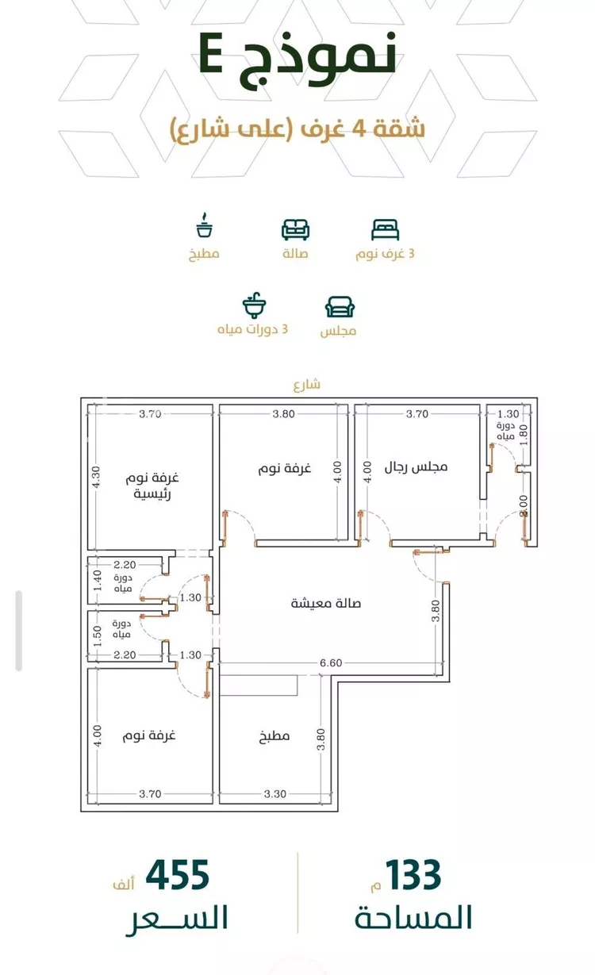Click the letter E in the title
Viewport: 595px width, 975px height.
[x=212, y=53]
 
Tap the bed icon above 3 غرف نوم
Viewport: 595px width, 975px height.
[x=386, y=230]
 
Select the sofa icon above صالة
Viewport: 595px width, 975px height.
[x=296, y=230]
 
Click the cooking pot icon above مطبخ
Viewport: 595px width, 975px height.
[x=204, y=225]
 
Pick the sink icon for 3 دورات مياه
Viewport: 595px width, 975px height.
[x=254, y=305]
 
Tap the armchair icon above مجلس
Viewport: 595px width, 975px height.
[x=340, y=307]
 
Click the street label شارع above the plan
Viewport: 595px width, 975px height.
[x=306, y=384]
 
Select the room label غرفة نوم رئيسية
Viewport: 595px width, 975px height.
[x=152, y=486]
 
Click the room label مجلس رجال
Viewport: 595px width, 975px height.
[x=416, y=467]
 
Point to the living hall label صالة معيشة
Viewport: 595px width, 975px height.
[x=325, y=603]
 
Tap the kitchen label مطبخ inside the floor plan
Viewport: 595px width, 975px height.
[x=274, y=736]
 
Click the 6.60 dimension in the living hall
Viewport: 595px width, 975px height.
[x=331, y=663]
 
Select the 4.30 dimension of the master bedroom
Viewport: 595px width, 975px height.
[x=96, y=477]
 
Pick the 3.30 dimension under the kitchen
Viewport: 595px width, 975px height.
[x=275, y=794]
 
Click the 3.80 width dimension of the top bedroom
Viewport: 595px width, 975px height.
[x=284, y=414]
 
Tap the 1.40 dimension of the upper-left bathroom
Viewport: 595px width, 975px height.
[x=97, y=581]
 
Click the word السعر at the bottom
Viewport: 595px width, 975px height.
[x=177, y=919]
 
